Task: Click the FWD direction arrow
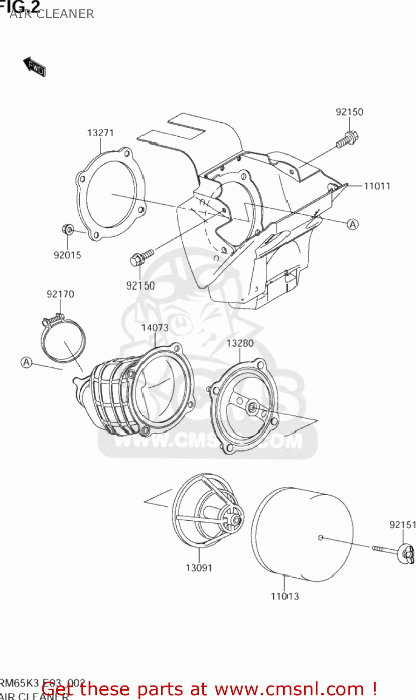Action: tap(34, 67)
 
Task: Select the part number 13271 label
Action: tap(100, 133)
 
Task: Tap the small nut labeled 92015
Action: tap(68, 229)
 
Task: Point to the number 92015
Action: tap(67, 255)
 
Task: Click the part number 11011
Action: tap(377, 186)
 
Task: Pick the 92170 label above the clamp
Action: tap(60, 294)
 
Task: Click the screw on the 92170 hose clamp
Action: tap(53, 320)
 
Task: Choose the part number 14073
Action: tap(155, 328)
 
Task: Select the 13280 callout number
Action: tap(240, 343)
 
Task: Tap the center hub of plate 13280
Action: tap(252, 408)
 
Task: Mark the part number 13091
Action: tap(199, 568)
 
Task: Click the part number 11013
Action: tap(284, 596)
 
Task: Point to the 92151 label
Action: tap(402, 525)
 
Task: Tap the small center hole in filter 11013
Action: tap(321, 538)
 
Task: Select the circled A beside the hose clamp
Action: tap(27, 362)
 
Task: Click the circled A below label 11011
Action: tap(353, 224)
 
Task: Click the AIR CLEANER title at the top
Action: tap(52, 14)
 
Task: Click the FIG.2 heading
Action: tap(20, 6)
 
